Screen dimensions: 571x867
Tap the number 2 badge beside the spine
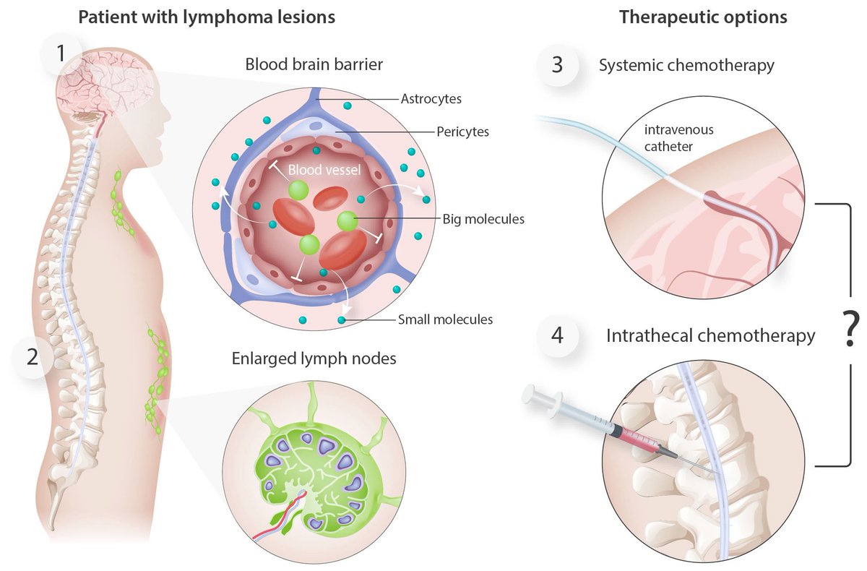pos(30,356)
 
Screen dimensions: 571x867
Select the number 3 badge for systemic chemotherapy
pos(557,65)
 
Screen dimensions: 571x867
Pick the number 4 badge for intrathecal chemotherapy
pos(557,336)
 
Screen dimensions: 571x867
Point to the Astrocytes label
pos(431,98)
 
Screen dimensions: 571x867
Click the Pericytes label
pos(462,132)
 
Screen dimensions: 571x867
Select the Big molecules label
pos(483,218)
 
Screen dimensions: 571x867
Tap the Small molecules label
pos(445,319)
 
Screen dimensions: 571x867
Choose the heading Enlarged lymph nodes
pos(314,358)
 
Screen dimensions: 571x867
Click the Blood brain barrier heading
pos(314,64)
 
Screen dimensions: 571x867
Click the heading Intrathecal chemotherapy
pos(711,336)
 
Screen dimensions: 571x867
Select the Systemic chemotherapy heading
pos(686,65)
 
